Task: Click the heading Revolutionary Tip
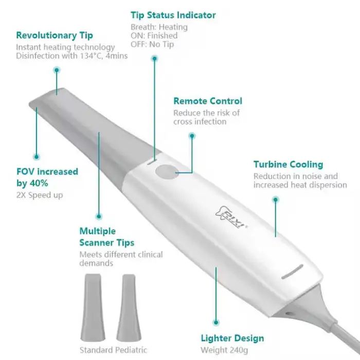(x=55, y=35)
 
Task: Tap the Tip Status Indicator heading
(x=173, y=15)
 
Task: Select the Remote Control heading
(x=208, y=101)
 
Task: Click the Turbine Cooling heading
(x=288, y=165)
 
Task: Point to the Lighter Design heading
(x=232, y=338)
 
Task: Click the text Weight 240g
(x=224, y=350)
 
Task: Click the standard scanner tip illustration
(x=93, y=307)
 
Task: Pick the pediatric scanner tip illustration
(x=129, y=308)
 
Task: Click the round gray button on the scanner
(x=167, y=172)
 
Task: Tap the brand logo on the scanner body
(x=231, y=217)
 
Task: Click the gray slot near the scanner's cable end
(x=292, y=272)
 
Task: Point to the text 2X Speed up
(x=40, y=195)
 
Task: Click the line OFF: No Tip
(x=152, y=44)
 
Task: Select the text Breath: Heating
(x=159, y=27)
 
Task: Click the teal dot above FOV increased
(x=37, y=157)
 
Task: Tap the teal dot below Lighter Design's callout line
(x=215, y=322)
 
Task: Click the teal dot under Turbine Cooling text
(x=276, y=200)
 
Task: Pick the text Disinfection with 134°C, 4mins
(x=71, y=56)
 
